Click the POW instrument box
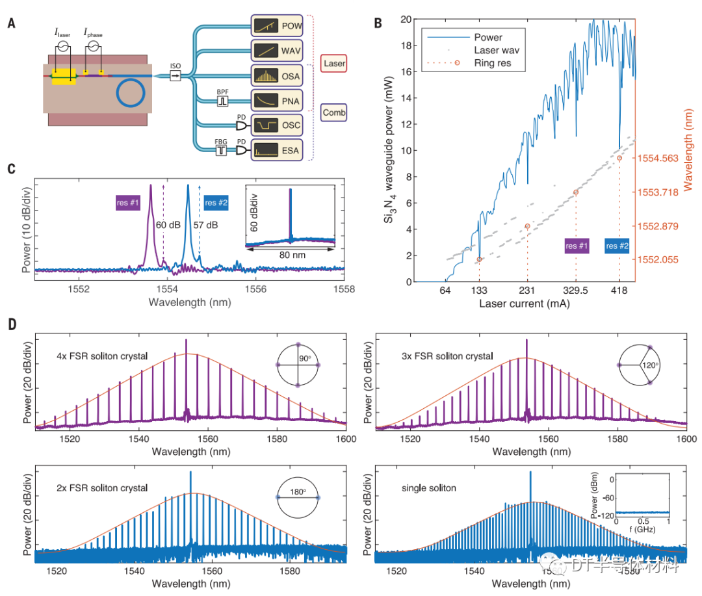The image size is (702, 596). [x=276, y=27]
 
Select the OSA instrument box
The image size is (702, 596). [x=276, y=76]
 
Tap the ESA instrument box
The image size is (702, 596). [x=276, y=150]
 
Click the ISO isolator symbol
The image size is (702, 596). [x=175, y=76]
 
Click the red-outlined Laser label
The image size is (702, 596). [x=334, y=64]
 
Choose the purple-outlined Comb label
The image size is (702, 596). [x=334, y=112]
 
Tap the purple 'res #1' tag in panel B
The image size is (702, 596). [x=577, y=246]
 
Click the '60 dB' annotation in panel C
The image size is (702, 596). [x=170, y=224]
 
